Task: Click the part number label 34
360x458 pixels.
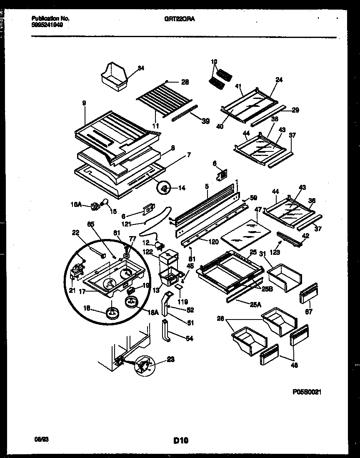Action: [141, 68]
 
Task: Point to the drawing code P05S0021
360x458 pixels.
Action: [307, 392]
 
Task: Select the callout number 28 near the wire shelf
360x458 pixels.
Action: [185, 82]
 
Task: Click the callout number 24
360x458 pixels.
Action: [279, 80]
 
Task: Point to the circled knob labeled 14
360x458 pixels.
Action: [165, 189]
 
